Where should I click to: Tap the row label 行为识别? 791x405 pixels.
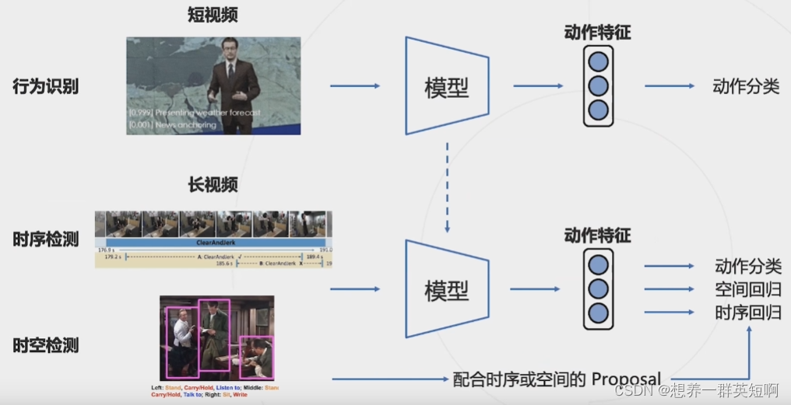[x=45, y=86]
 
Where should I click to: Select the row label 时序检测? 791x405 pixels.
[x=45, y=239]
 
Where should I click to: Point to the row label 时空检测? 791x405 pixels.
[x=45, y=346]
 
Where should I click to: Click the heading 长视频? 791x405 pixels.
[x=212, y=185]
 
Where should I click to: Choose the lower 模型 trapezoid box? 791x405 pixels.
[x=447, y=289]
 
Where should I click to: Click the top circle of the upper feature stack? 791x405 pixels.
[x=598, y=61]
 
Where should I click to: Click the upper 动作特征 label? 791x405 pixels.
[x=597, y=32]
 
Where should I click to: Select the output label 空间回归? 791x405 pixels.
[x=747, y=290]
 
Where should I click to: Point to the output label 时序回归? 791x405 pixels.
[x=747, y=313]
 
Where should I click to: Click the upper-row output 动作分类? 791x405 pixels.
[x=745, y=86]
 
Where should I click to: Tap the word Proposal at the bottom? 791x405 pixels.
[x=626, y=379]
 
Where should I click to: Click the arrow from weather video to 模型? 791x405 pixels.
[x=355, y=86]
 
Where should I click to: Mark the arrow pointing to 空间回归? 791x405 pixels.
[x=668, y=289]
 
